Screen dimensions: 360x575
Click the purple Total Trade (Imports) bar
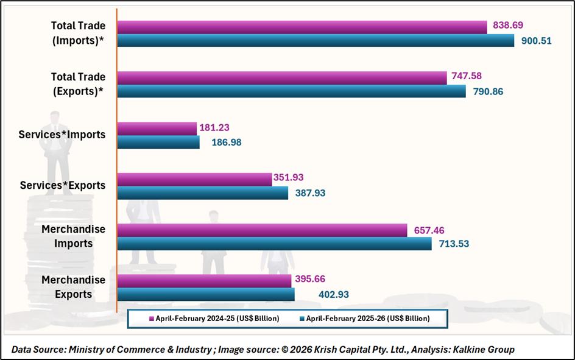[302, 27]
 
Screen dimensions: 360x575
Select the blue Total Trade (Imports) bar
[316, 41]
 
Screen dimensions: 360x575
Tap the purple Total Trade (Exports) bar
[281, 77]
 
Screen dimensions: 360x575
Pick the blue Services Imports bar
[158, 142]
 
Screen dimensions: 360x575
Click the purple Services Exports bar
[194, 179]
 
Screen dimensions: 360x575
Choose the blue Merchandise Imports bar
[273, 244]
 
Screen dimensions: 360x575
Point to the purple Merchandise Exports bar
[203, 280]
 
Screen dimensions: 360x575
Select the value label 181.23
[214, 128]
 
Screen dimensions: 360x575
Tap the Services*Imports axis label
[63, 135]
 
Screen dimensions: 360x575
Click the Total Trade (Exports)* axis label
[78, 84]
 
